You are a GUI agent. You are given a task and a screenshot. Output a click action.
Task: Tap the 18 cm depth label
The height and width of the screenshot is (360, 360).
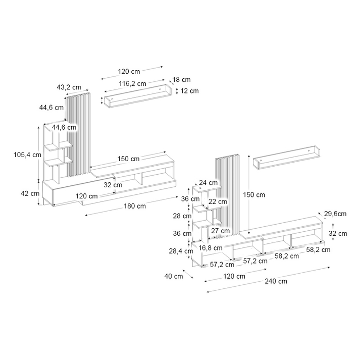click(181, 80)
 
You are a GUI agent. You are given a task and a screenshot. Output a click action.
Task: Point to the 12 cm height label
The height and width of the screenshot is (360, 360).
click(189, 91)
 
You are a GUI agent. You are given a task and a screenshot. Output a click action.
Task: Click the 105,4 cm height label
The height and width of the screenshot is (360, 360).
click(27, 155)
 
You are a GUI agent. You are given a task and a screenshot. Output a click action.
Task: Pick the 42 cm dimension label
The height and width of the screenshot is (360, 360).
click(30, 193)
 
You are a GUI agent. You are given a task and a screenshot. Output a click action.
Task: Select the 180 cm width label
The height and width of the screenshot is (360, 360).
click(135, 206)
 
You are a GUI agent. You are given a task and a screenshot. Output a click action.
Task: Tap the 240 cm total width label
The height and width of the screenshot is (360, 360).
click(276, 281)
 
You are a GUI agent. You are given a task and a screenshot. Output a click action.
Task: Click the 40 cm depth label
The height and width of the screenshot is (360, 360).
click(174, 276)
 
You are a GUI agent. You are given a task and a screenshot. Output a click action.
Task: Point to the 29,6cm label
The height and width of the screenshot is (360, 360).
click(335, 214)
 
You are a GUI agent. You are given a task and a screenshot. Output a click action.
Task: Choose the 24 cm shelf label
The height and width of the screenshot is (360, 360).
click(208, 183)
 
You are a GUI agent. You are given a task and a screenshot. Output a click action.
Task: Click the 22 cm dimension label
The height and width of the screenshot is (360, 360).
click(218, 201)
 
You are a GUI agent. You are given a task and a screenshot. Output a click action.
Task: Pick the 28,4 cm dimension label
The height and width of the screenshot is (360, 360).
click(181, 251)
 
